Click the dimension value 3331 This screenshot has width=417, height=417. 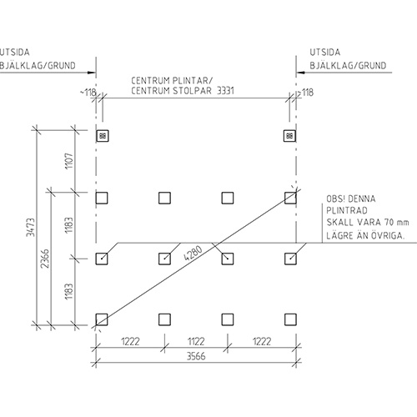(x=225, y=91)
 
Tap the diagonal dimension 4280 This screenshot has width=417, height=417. (x=193, y=253)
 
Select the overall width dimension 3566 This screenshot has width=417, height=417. (x=196, y=356)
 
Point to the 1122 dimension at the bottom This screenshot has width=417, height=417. (x=196, y=341)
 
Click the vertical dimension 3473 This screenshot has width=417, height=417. (x=31, y=228)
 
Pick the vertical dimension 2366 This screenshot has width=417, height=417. (x=45, y=259)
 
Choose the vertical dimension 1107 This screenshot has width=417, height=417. (x=68, y=161)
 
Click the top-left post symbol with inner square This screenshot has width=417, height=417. (x=103, y=136)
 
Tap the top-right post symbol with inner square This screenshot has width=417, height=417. (x=289, y=136)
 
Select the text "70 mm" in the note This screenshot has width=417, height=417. (x=397, y=223)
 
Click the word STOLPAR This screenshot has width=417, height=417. (x=192, y=91)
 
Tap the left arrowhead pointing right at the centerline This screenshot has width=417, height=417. (x=92, y=73)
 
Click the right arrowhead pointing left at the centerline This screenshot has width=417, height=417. (x=300, y=73)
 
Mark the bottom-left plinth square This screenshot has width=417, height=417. (x=102, y=319)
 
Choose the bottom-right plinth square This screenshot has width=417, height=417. (x=290, y=319)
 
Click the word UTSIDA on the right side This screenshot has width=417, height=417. (x=325, y=53)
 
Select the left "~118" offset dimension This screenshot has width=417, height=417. (x=88, y=93)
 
